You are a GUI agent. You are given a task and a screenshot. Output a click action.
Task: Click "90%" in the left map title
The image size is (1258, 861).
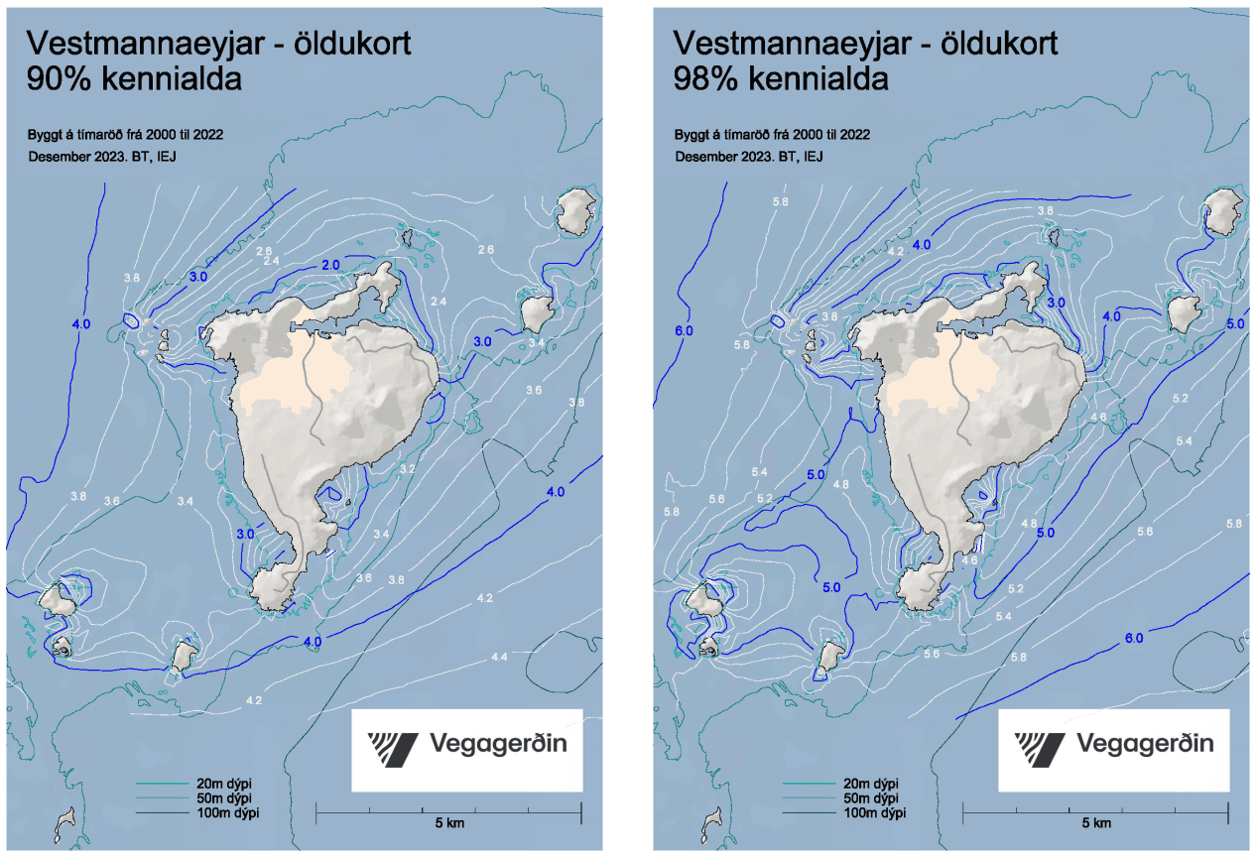pos(55,79)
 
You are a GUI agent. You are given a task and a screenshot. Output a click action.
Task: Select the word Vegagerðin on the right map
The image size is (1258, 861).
pos(1145,745)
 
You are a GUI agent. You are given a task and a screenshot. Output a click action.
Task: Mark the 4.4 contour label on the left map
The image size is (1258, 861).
pos(500,658)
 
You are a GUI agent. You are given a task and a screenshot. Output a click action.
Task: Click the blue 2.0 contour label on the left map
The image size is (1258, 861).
pos(330,265)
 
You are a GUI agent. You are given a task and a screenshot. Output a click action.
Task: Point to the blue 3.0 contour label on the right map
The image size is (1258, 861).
pos(1056,302)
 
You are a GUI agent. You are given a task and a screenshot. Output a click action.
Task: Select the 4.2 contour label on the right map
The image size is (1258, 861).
pos(896,252)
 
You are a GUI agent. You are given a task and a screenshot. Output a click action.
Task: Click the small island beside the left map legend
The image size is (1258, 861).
pos(67,820)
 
